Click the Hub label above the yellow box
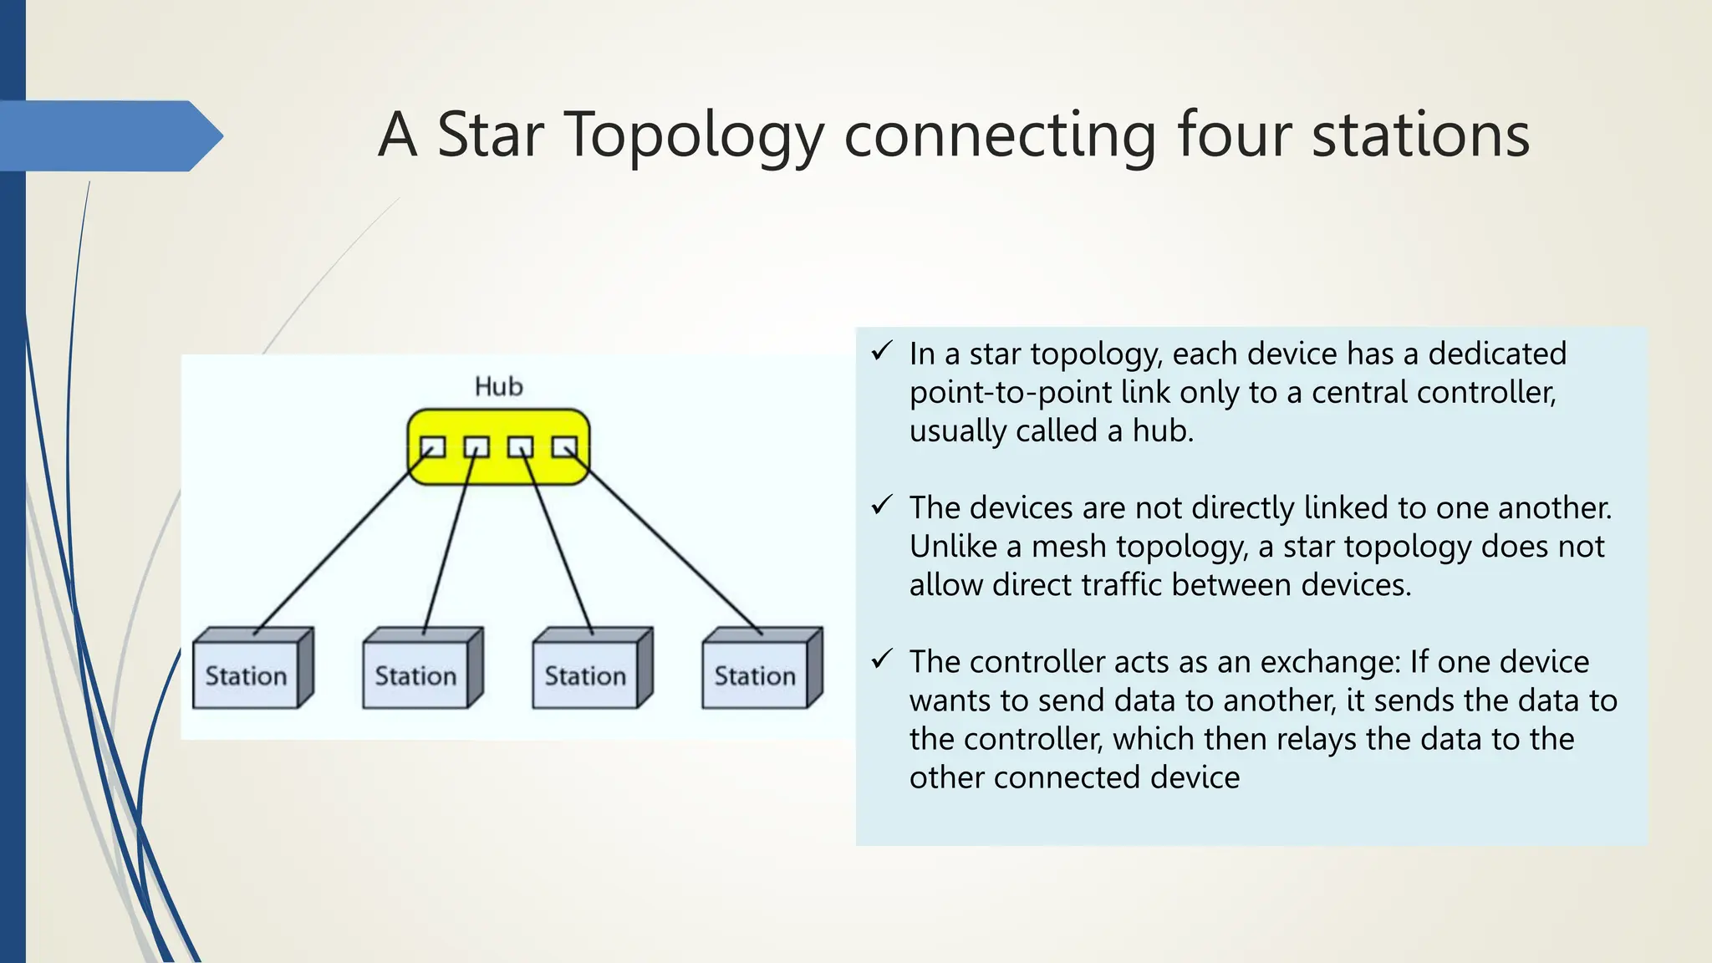tap(499, 386)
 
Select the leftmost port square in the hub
tap(432, 448)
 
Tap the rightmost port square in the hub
tap(564, 448)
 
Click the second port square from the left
tap(476, 448)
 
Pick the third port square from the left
tap(521, 448)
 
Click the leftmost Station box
tap(246, 675)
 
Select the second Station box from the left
tap(415, 675)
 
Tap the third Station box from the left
tap(585, 675)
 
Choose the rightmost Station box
tap(755, 675)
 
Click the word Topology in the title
tap(695, 136)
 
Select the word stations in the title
tap(1420, 135)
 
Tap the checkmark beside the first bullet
tap(882, 351)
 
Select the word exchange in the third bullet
tap(1329, 662)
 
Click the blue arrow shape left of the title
tap(109, 135)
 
